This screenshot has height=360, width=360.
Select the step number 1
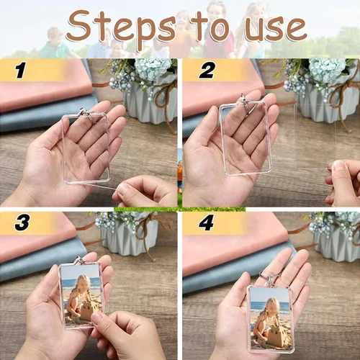coord(21,71)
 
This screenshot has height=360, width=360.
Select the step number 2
coord(207,71)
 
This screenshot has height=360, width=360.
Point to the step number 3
coord(22,222)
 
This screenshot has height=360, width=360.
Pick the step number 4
coord(207,223)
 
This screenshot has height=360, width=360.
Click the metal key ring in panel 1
coord(87,116)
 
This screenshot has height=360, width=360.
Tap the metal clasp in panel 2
coord(246,105)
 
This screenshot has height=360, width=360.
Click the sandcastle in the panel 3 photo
coord(87,312)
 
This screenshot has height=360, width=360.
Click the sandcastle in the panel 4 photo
coord(276,336)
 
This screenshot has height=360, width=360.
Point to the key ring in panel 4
coord(269,279)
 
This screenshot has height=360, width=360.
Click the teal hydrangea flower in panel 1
coord(153,68)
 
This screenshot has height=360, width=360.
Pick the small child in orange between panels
coord(180,175)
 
